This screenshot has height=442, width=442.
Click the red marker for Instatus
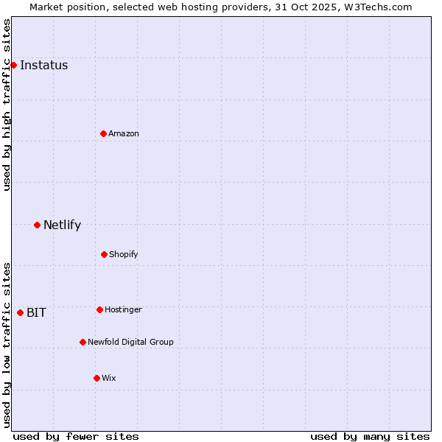coord(13,65)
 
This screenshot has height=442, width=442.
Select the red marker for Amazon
coord(103,133)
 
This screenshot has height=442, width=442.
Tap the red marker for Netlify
coord(37,225)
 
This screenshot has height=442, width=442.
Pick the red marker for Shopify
coord(104,254)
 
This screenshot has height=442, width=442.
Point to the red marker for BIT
coord(20,312)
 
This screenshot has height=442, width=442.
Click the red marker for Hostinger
coord(99,309)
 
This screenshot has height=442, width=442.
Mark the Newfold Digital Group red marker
coord(83,342)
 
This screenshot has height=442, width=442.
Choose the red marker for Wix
coord(97,378)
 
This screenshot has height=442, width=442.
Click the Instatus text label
coord(43,65)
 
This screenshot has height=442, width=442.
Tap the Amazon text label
coord(124,133)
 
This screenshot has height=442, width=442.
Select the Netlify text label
coord(62,225)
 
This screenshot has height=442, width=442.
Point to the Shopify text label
coord(124,254)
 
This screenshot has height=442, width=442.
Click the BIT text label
coord(36,312)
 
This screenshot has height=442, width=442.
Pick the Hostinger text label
coord(123,309)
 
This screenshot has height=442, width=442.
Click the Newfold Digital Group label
coord(130,342)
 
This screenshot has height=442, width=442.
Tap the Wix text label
coord(109,378)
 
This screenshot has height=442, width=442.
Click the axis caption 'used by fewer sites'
coord(76,436)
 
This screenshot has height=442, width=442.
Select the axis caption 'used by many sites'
coord(370,436)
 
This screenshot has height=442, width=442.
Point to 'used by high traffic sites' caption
coord(7,105)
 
